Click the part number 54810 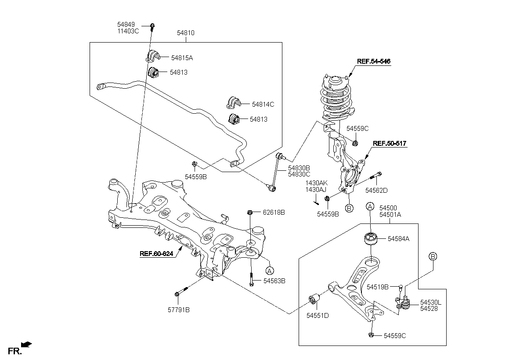click(x=186, y=33)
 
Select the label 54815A click(x=182, y=58)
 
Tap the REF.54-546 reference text click(x=374, y=62)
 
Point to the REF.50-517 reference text click(x=390, y=143)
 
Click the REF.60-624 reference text click(x=157, y=253)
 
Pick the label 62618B click(x=274, y=212)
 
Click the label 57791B click(x=178, y=310)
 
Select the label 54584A click(x=398, y=239)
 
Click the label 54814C click(x=263, y=104)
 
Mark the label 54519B click(x=378, y=287)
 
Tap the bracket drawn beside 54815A click(x=152, y=56)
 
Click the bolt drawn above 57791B click(x=181, y=292)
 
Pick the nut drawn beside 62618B click(x=250, y=212)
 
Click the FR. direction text click(x=15, y=350)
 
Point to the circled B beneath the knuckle click(x=349, y=208)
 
